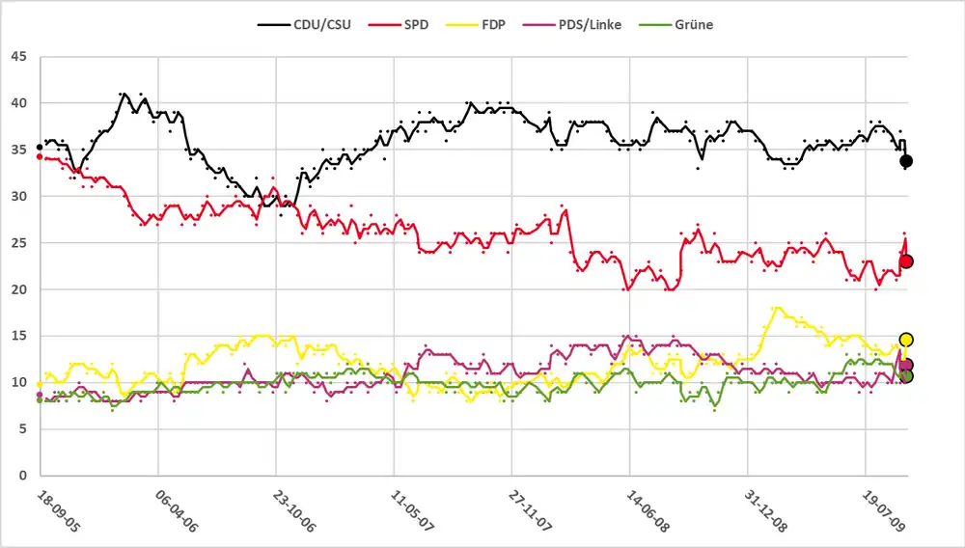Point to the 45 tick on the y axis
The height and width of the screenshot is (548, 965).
(x=19, y=56)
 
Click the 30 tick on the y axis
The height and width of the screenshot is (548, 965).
(x=19, y=196)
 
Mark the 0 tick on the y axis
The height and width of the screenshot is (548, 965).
(x=23, y=476)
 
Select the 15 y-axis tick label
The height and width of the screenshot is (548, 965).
(x=19, y=336)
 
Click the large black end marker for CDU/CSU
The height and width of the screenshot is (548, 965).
(x=906, y=161)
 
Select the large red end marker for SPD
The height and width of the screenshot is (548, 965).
(x=906, y=261)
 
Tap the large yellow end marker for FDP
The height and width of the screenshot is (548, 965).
(x=906, y=340)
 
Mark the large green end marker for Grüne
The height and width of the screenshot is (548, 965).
(x=906, y=375)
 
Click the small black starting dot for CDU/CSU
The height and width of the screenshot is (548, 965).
(x=39, y=148)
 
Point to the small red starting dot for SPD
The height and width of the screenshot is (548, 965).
(x=39, y=156)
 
